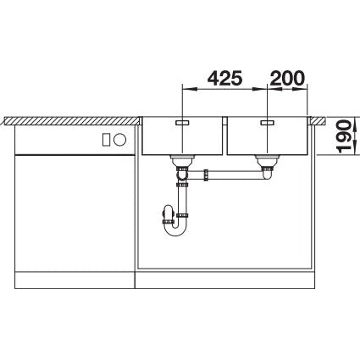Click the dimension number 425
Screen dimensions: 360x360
click(225, 78)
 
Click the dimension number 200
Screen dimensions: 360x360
click(287, 78)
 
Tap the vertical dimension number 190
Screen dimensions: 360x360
click(344, 136)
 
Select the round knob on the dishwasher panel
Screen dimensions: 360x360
click(119, 140)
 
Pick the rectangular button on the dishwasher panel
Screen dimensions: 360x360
click(107, 140)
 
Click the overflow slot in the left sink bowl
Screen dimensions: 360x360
click(183, 122)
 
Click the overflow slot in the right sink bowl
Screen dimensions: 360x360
click(268, 122)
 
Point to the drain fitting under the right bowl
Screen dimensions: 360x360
click(267, 162)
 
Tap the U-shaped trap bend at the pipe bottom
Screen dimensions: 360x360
click(175, 231)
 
